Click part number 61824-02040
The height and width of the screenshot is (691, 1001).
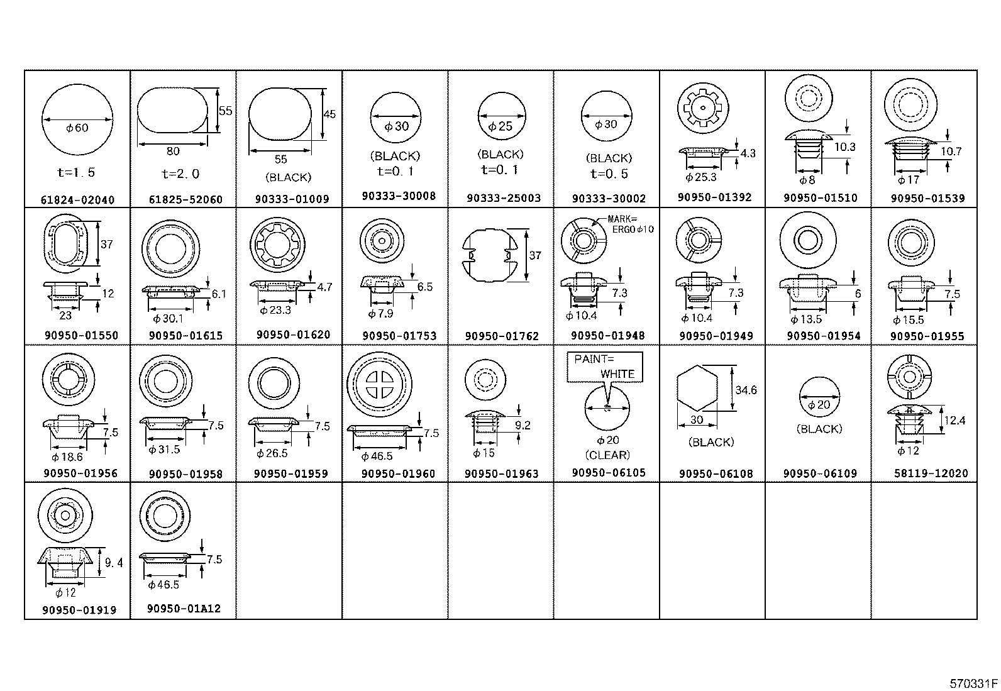pos(77,200)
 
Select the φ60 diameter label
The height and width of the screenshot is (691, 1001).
pos(77,128)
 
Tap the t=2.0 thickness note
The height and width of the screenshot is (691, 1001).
pos(180,174)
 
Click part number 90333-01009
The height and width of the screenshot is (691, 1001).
pos(292,199)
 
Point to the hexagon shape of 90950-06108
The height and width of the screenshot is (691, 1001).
pos(697,390)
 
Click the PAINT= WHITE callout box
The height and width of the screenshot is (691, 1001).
pos(605,367)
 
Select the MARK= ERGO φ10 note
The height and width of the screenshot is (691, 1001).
pos(630,224)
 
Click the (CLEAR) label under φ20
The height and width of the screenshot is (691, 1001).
pos(607,455)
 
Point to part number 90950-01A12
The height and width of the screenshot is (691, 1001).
pos(184,609)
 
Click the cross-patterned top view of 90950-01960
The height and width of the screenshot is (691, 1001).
pos(379,383)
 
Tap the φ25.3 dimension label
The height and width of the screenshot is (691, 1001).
pos(701,177)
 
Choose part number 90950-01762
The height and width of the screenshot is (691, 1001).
pos(502,336)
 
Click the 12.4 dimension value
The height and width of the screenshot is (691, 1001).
pos(954,420)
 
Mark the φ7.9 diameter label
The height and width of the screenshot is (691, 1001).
pos(380,313)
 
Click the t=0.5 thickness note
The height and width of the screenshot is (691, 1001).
pos(609,174)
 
